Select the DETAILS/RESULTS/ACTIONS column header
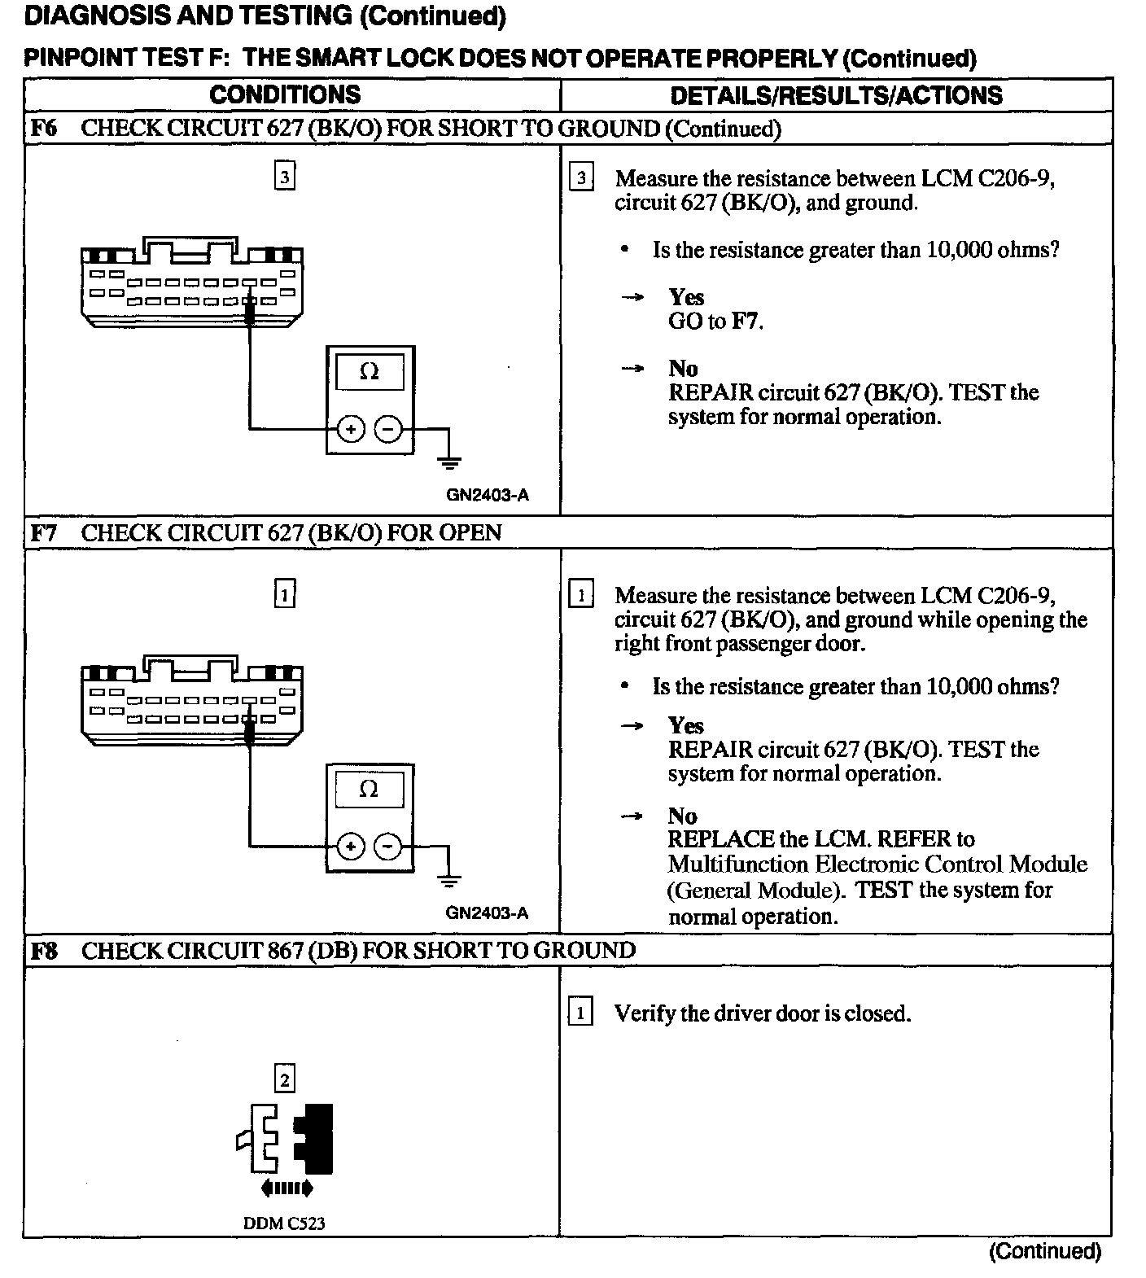point(836,95)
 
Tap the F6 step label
point(44,128)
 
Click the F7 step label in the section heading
point(44,532)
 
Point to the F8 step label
point(44,950)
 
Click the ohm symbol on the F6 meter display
point(369,372)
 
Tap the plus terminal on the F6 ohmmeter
point(350,428)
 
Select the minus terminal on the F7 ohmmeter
point(388,847)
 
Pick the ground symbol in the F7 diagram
point(448,880)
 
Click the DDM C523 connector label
point(284,1223)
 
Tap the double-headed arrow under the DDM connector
point(286,1189)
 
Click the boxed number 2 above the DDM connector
point(284,1080)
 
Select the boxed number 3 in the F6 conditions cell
point(284,177)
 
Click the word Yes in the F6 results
point(686,297)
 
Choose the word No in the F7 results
point(683,816)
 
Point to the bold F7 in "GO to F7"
point(746,322)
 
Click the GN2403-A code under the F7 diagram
point(487,913)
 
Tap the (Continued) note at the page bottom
point(1044,1251)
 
